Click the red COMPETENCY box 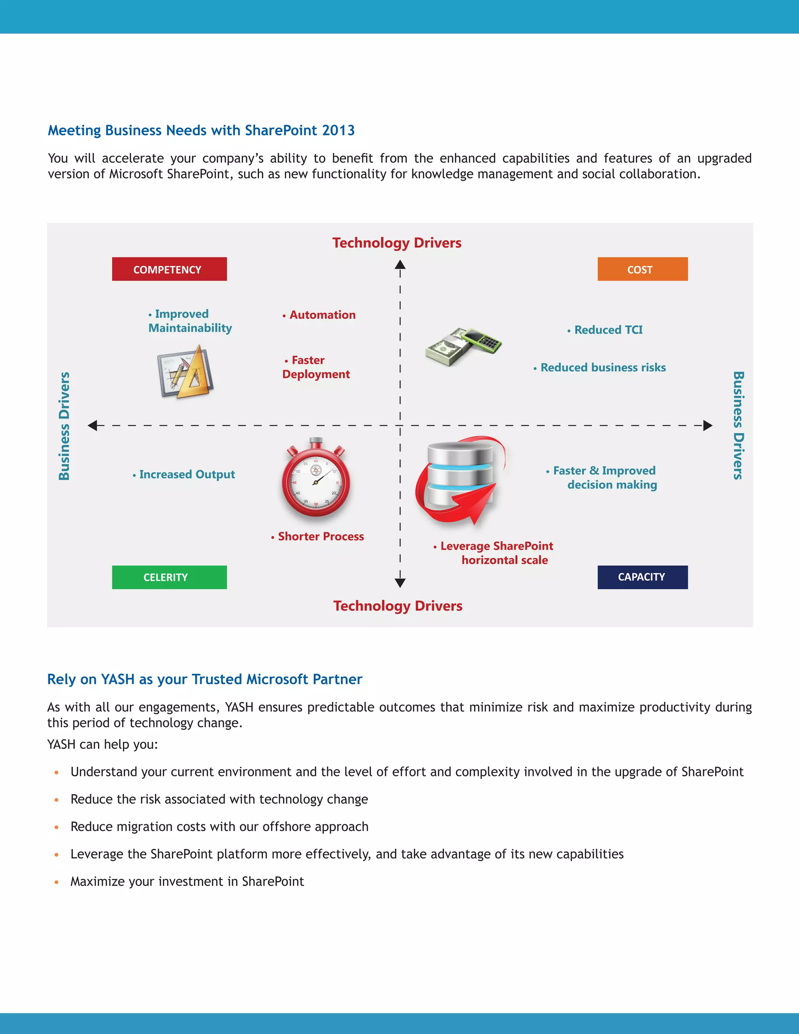(169, 269)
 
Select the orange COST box (642, 269)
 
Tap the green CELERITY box (169, 577)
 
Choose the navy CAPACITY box (642, 577)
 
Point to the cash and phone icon (463, 346)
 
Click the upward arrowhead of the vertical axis (400, 264)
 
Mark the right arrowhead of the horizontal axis (708, 425)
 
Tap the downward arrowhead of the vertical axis (400, 583)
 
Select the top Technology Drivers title (397, 243)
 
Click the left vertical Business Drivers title (64, 426)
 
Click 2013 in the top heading (338, 130)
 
